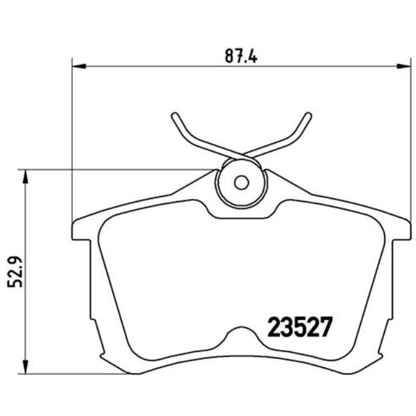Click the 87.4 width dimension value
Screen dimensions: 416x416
tap(240, 56)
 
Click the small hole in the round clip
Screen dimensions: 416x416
tap(241, 182)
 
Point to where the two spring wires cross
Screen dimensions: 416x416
tap(241, 154)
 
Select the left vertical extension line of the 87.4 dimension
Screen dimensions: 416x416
tap(72, 141)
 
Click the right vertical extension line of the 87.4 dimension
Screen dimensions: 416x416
tap(410, 141)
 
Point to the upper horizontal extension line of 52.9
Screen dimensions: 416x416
tap(115, 170)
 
